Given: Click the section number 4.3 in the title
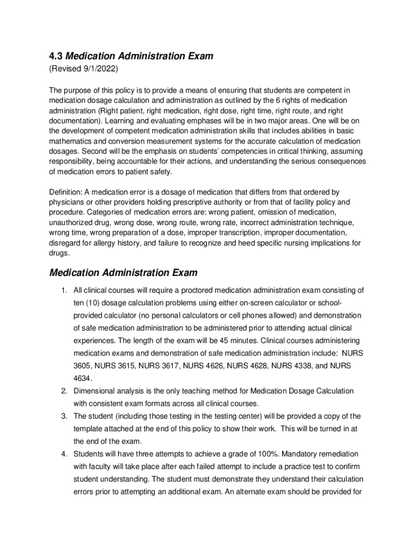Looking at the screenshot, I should coord(56,56).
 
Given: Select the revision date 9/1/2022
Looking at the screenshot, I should coord(98,69).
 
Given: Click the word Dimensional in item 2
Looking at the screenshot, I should coord(95,391).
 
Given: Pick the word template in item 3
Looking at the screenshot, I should coord(89,428).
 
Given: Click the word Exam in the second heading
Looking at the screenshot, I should coord(181,272).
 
